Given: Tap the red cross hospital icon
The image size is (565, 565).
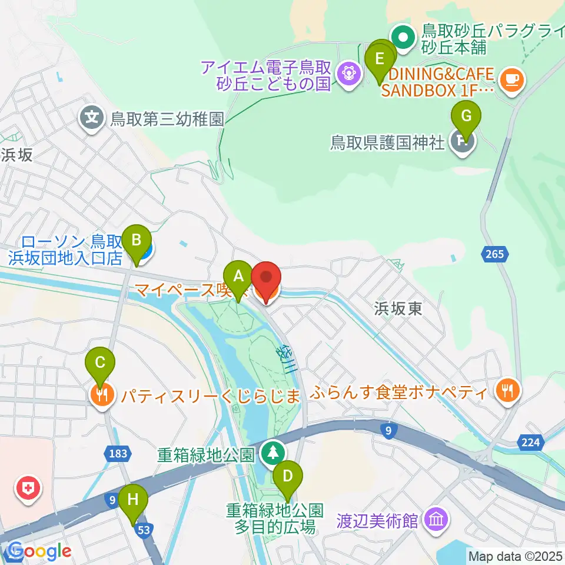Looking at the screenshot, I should [27, 487].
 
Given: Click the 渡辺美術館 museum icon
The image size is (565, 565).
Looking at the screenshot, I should [436, 520].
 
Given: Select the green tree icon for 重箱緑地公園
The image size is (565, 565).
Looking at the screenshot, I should [272, 453].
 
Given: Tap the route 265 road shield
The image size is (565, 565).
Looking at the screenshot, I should [496, 254].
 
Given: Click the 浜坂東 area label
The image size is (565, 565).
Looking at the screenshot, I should [398, 308].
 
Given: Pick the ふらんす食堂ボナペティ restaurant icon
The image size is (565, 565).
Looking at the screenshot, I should [506, 390].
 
